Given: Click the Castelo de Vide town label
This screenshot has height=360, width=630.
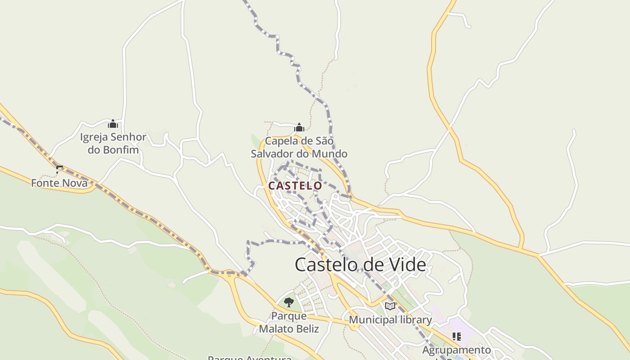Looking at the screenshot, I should click(x=360, y=265).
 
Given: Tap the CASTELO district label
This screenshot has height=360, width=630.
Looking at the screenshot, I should click(x=295, y=185).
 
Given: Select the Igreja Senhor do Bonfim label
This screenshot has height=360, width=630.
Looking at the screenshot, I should click(x=113, y=143).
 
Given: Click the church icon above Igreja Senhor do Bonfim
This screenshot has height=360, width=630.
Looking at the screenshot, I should click(x=113, y=124).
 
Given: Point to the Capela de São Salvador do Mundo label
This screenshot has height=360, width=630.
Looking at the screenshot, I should click(x=299, y=147).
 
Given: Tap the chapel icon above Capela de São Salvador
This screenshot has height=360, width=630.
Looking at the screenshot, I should click(x=299, y=127).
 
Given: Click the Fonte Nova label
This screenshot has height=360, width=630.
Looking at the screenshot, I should click(x=59, y=183).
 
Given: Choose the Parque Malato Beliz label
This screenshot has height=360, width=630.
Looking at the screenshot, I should click(x=289, y=322).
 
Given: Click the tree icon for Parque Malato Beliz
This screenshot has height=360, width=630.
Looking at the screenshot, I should click(x=289, y=302).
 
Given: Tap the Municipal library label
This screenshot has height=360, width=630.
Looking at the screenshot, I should click(x=390, y=320).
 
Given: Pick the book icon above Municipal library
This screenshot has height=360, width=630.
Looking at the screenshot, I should click(x=390, y=306).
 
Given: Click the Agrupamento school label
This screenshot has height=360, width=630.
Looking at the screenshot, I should click(x=456, y=350).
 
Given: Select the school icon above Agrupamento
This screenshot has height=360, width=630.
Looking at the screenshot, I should click(x=457, y=336).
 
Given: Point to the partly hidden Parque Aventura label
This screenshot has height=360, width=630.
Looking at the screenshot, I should click(x=249, y=358).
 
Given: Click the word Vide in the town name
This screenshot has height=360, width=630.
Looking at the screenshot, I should click(x=407, y=265).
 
